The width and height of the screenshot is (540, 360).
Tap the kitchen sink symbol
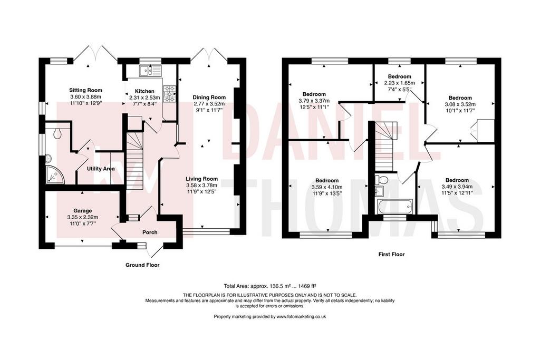150,71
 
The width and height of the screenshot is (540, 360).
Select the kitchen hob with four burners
169,94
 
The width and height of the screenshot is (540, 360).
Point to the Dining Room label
209,98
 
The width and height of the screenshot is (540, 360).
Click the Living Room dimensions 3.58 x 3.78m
201,185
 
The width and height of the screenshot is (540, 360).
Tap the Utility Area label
101,169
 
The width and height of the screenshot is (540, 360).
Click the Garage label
83,211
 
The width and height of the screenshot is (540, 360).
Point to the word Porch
150,232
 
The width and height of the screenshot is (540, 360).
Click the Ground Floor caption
142,265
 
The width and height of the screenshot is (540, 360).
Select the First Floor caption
392,255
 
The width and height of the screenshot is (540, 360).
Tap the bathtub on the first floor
394,206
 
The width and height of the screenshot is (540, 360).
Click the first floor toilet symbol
382,179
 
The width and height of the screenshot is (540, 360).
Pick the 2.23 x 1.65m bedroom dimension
400,83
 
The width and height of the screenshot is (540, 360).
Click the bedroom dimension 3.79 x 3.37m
314,101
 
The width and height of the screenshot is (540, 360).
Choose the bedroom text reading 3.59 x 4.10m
327,187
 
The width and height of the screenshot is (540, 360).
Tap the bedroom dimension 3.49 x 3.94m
457,187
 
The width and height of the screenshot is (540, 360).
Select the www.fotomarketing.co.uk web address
301,317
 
